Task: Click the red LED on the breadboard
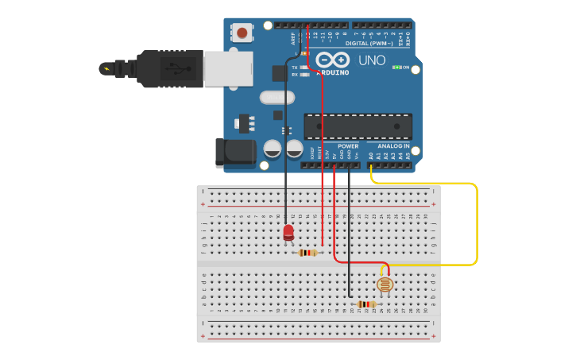288,232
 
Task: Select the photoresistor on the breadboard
385,285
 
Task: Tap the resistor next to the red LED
307,253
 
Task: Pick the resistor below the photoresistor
365,304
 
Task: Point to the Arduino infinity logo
332,60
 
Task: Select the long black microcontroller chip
358,126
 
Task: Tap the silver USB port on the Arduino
228,68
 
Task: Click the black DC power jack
235,153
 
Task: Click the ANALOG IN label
393,146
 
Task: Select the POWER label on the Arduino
348,146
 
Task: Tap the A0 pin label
371,157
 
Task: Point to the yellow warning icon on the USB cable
105,68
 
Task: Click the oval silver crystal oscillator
276,97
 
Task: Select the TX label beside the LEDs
295,68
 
